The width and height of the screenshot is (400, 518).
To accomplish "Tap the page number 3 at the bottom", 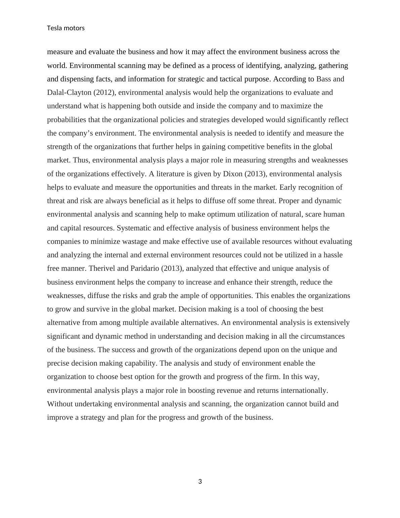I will [x=200, y=482].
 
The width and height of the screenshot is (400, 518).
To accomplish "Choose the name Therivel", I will [x=102, y=268].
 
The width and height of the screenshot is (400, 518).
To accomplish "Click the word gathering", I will [x=333, y=66].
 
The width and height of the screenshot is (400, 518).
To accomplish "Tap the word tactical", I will [x=233, y=79].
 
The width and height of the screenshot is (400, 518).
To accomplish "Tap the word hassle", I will [x=333, y=255].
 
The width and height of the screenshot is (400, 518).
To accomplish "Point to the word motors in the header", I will [x=74, y=28].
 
